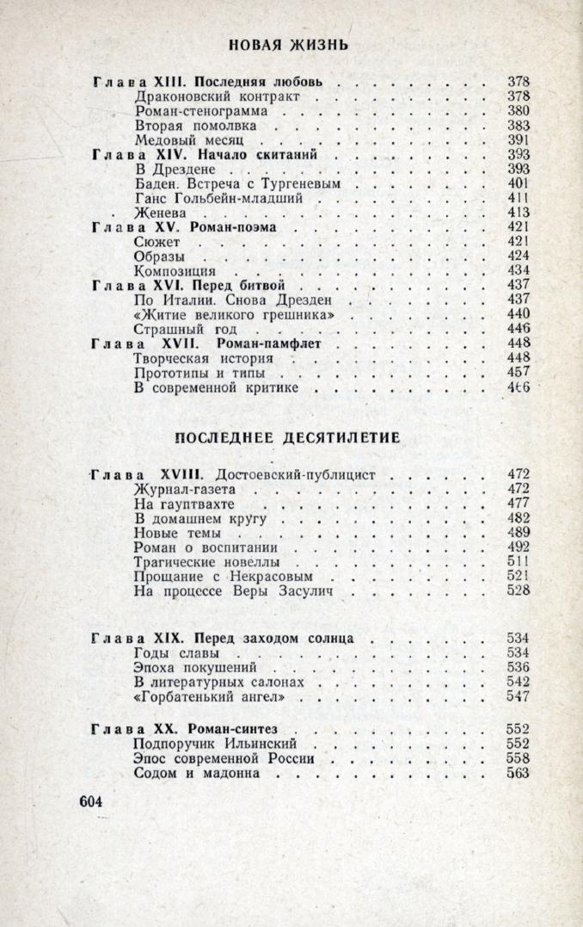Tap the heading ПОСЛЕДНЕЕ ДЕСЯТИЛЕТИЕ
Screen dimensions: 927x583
click(288, 437)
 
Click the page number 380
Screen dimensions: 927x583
click(519, 111)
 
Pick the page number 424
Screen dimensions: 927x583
click(519, 257)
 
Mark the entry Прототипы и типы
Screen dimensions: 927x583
click(199, 374)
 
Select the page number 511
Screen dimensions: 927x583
click(519, 562)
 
